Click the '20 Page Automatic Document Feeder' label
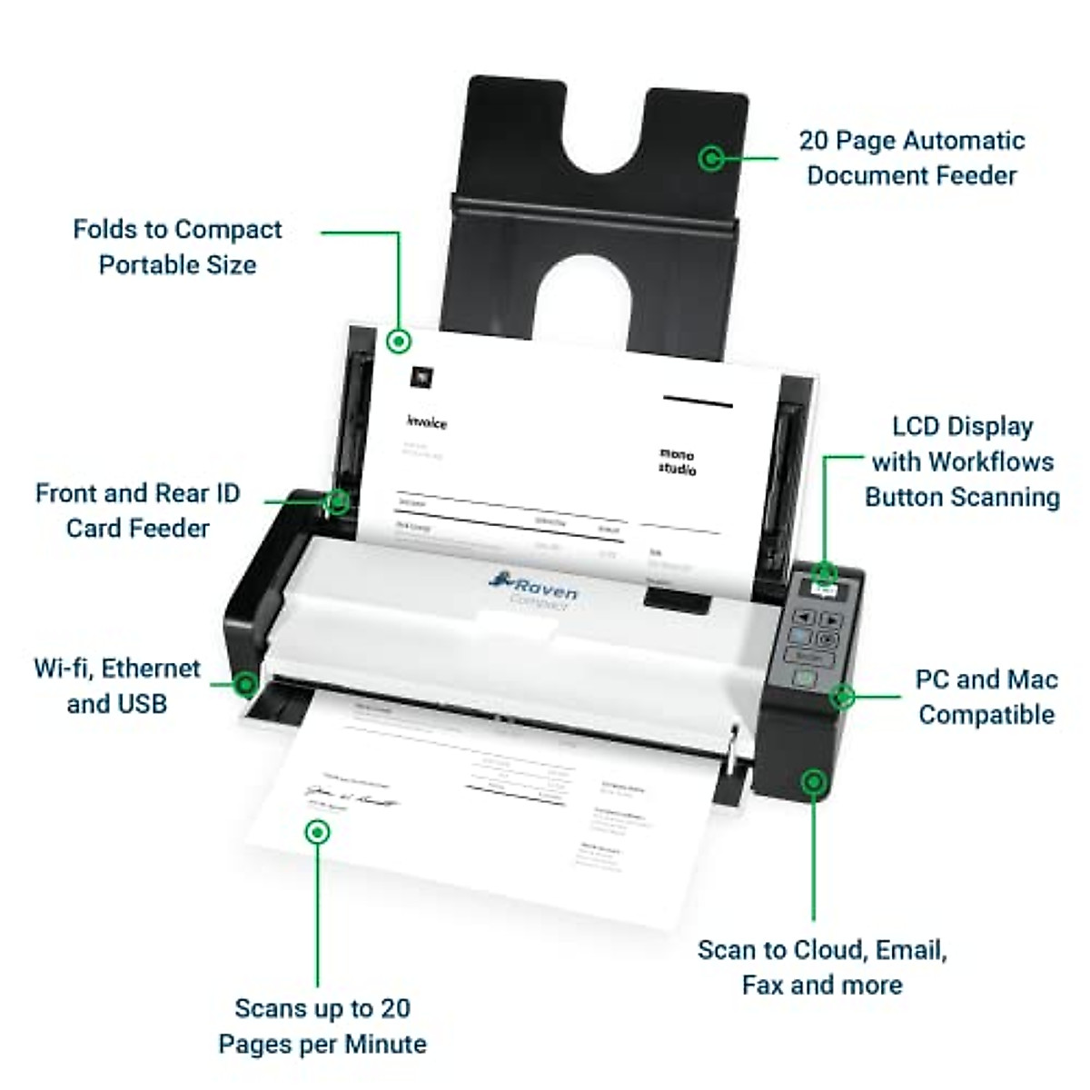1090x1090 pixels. (x=911, y=158)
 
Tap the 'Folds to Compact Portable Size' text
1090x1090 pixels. (x=177, y=247)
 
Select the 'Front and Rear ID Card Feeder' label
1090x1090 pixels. (x=137, y=510)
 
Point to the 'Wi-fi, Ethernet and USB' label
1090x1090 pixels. (x=117, y=686)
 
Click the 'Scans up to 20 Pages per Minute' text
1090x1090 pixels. (x=322, y=1026)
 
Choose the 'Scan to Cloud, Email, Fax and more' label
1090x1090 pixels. (x=822, y=967)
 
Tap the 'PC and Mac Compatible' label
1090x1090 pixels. (x=986, y=697)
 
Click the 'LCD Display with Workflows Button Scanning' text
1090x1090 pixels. (x=962, y=461)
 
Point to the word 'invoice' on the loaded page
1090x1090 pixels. (x=426, y=422)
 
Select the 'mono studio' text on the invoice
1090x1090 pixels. (x=677, y=461)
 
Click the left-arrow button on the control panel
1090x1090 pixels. (x=800, y=618)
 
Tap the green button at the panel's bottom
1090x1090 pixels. (x=803, y=678)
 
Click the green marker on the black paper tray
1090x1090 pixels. (x=711, y=158)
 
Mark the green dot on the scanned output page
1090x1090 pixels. (x=317, y=831)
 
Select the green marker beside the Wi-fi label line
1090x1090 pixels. (x=244, y=684)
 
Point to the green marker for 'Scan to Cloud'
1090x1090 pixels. (x=814, y=781)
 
